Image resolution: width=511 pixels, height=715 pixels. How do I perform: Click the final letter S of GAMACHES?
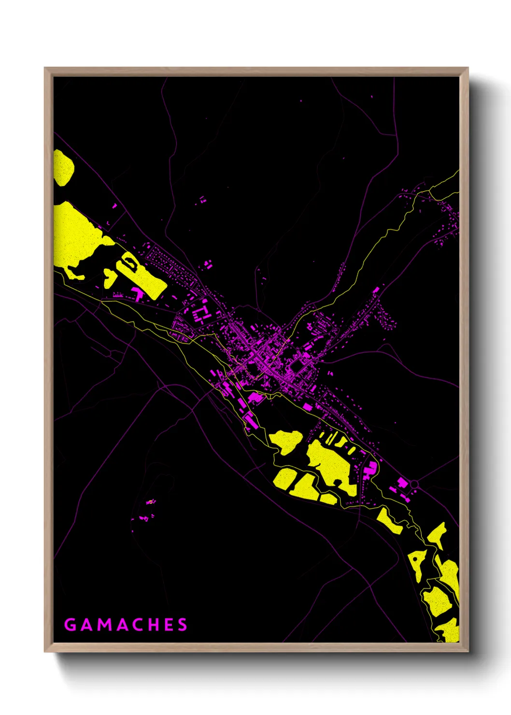(x=182, y=625)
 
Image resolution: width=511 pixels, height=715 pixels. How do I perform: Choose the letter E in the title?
(x=168, y=625)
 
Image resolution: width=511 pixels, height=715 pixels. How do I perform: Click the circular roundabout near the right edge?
(x=414, y=484)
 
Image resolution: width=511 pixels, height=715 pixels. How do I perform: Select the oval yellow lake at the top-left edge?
(x=63, y=167)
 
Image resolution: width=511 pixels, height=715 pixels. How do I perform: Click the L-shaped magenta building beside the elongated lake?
(x=138, y=293)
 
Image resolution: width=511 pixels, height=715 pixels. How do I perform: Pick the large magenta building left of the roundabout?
(x=402, y=482)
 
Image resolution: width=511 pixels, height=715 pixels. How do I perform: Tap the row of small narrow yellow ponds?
(x=338, y=441)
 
